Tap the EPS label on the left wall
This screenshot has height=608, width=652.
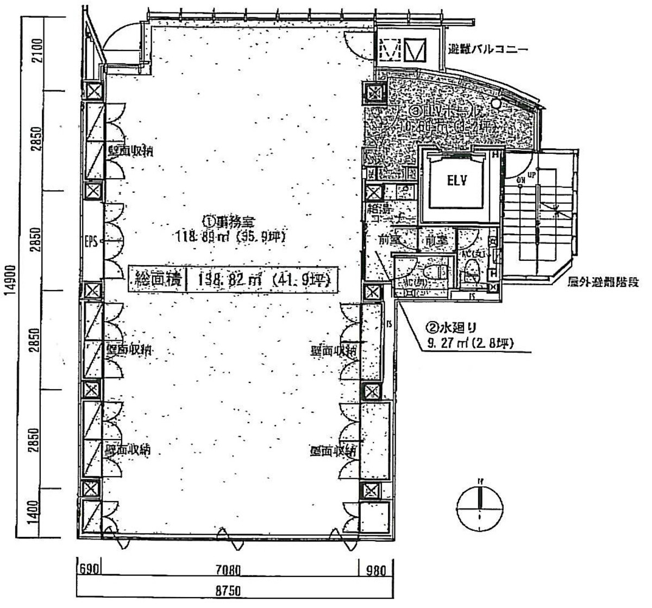pyautogui.click(x=91, y=241)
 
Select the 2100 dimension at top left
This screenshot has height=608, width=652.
pyautogui.click(x=36, y=53)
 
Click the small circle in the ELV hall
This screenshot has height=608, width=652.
pyautogui.click(x=496, y=104)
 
